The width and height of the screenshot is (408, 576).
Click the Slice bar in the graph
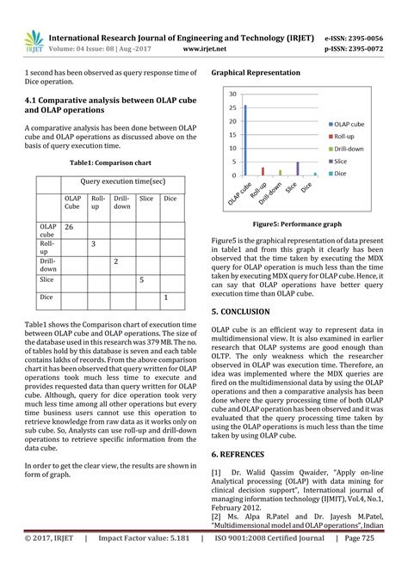click(x=297, y=169)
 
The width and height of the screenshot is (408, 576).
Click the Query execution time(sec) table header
click(x=122, y=182)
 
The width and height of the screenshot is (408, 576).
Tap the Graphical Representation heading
click(x=256, y=74)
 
